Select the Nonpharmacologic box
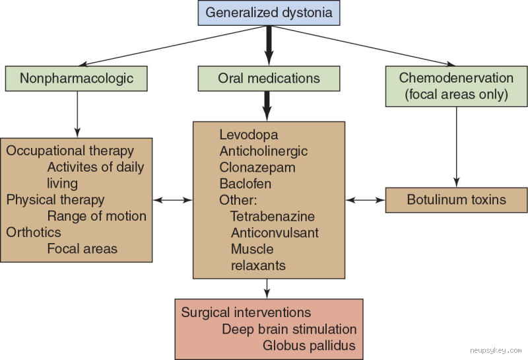(x=77, y=79)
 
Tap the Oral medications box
(x=269, y=79)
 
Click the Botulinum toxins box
(x=456, y=200)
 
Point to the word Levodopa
(x=245, y=135)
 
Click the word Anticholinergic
(x=263, y=151)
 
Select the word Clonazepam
(x=257, y=167)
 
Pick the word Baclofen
(x=245, y=184)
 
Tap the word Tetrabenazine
(x=273, y=216)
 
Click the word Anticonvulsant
(x=275, y=233)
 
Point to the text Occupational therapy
(x=70, y=151)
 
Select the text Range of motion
(x=96, y=216)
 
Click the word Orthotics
(x=34, y=233)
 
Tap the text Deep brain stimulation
(x=289, y=328)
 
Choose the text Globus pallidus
(x=310, y=345)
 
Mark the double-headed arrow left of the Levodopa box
(x=172, y=199)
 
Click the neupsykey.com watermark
(x=496, y=351)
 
